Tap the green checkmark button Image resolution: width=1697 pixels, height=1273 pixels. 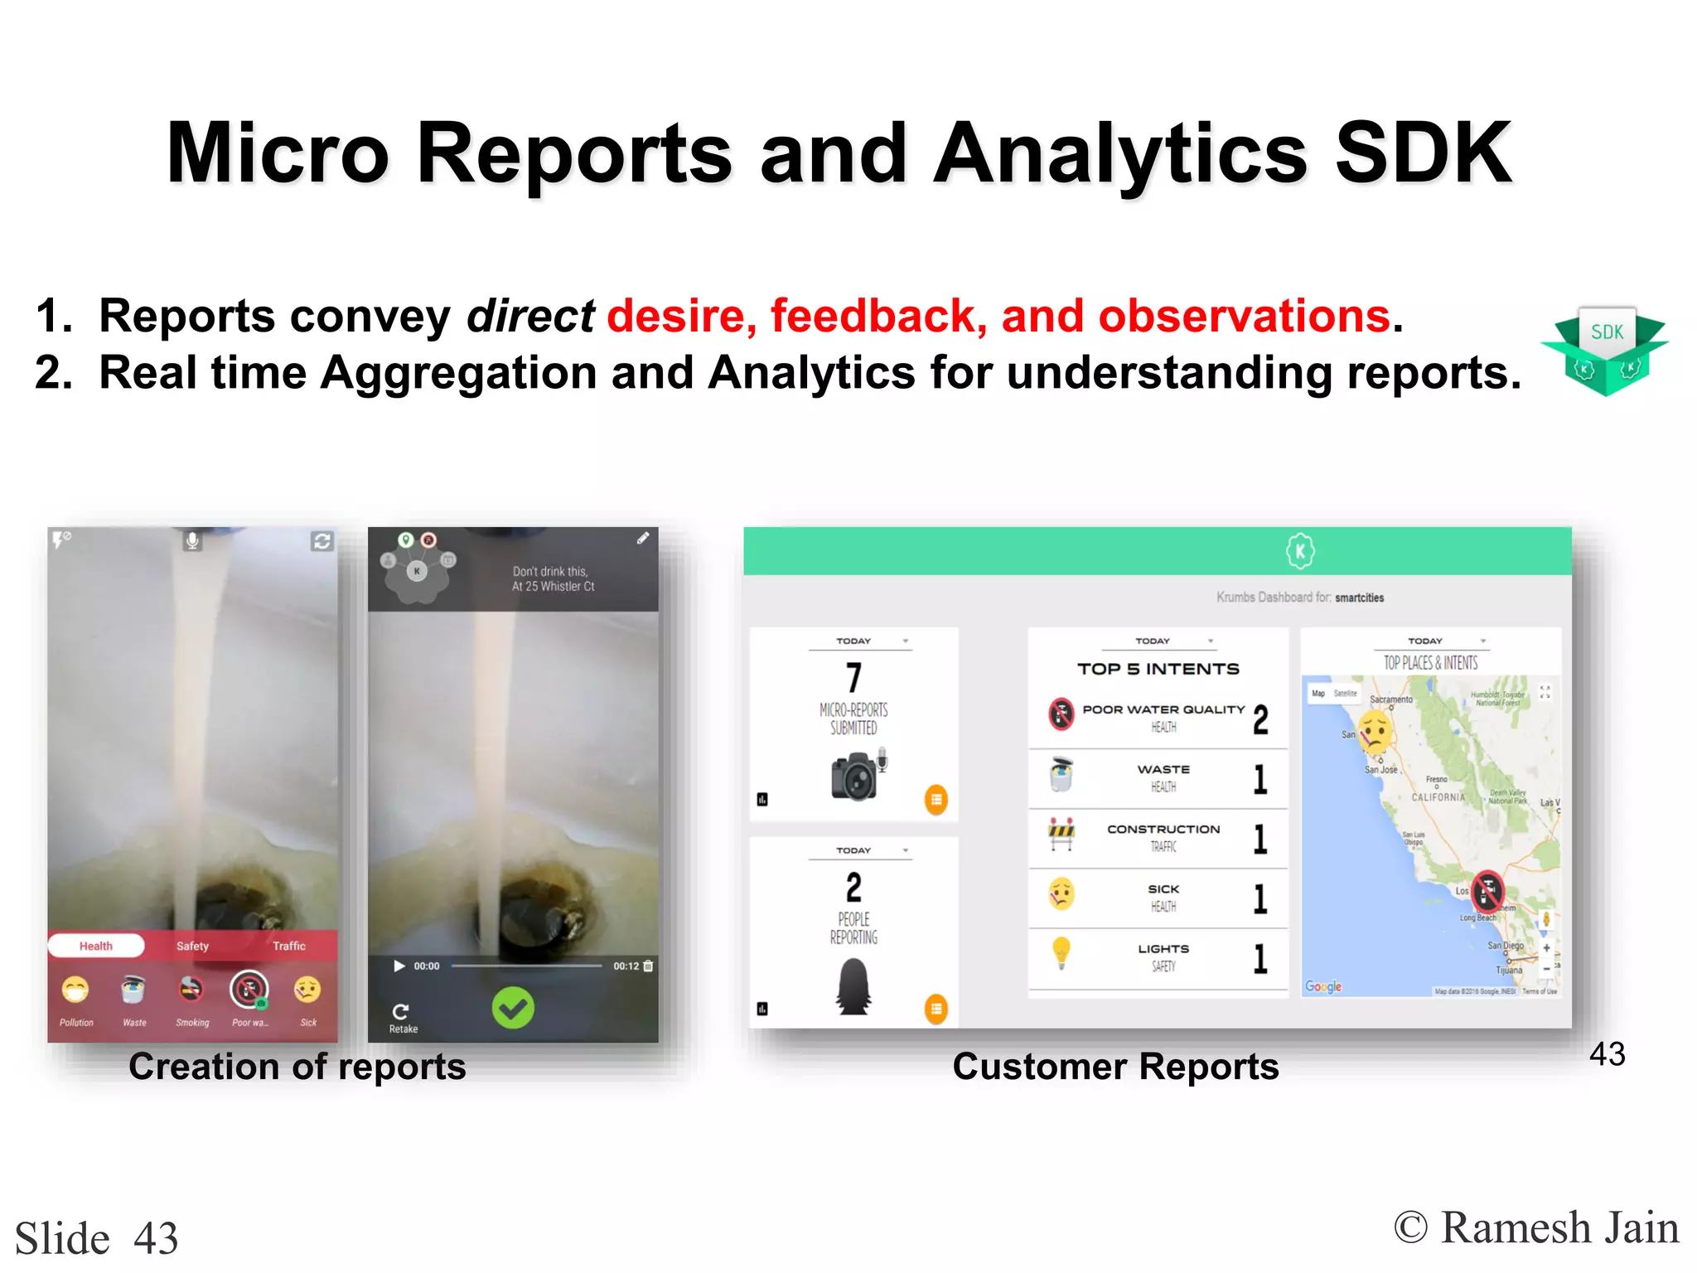tap(513, 1008)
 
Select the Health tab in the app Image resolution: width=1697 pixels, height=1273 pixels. tap(96, 946)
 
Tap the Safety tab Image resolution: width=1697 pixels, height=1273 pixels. tap(192, 946)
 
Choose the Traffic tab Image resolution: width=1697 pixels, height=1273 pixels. tap(289, 946)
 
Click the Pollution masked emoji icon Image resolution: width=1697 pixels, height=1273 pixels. tap(75, 990)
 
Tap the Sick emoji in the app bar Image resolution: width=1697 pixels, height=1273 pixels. tap(307, 990)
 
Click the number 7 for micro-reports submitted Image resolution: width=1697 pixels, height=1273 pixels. tap(853, 677)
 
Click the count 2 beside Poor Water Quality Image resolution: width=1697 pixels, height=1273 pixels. tap(1260, 719)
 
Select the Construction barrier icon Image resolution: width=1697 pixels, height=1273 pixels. tap(1061, 834)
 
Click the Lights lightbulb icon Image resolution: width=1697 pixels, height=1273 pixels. tap(1061, 952)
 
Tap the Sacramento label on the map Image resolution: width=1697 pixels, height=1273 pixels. tap(1391, 699)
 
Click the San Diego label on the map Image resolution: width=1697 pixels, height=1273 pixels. tap(1506, 946)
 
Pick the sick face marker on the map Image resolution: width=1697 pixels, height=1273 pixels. tap(1375, 732)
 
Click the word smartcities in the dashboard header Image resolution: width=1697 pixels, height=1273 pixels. tap(1359, 598)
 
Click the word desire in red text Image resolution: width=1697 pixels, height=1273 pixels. tap(675, 317)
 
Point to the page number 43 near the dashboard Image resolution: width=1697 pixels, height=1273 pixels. tap(1607, 1054)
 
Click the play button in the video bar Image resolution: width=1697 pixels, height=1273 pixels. tap(399, 966)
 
